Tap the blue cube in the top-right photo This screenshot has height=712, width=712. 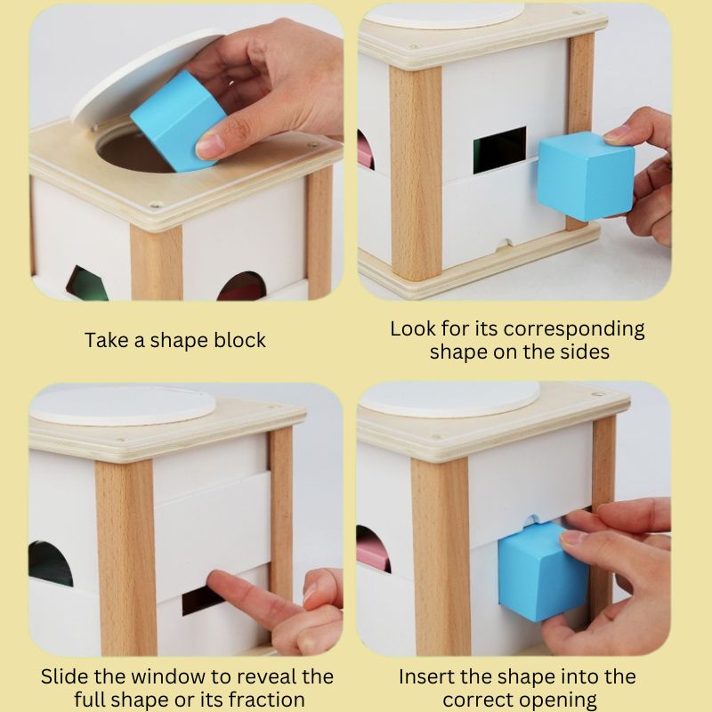tap(586, 175)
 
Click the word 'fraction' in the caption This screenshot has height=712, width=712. tap(265, 700)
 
